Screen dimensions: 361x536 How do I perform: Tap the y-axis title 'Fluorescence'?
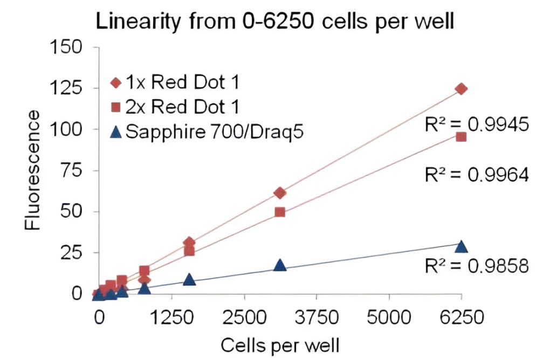click(x=33, y=171)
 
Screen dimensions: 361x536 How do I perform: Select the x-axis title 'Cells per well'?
click(x=279, y=343)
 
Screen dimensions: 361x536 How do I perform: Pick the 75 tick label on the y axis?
click(x=72, y=170)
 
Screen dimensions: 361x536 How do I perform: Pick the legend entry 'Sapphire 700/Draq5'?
click(x=207, y=131)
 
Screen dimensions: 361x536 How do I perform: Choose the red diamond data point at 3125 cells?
click(x=280, y=193)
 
